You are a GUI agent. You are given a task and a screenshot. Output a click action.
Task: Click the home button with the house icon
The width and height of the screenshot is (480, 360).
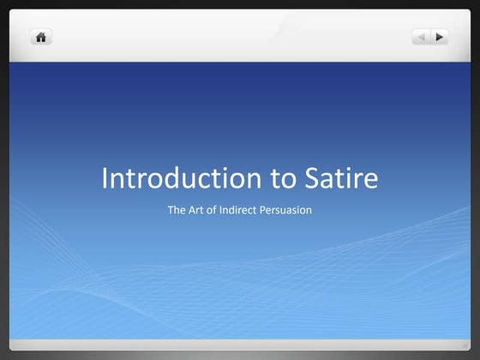(x=40, y=37)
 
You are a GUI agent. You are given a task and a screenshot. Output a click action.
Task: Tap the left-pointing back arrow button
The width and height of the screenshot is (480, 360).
(x=421, y=37)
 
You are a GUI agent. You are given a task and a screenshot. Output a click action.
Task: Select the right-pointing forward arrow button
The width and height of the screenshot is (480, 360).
(x=440, y=37)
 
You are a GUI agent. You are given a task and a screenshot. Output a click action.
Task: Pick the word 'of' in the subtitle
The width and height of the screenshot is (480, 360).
(x=218, y=209)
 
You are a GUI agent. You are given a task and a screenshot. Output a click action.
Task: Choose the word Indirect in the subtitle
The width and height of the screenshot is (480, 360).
(x=245, y=209)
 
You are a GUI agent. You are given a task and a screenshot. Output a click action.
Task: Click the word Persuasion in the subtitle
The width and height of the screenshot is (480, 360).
(x=289, y=209)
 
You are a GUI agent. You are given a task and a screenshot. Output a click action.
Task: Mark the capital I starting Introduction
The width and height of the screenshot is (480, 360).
(x=105, y=178)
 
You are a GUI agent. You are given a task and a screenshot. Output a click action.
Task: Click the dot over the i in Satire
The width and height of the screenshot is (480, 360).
(x=351, y=167)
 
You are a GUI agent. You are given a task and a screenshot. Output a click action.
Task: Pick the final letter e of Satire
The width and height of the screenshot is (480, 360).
(x=369, y=181)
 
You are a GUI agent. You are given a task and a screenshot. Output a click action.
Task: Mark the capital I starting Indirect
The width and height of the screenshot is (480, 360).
(x=229, y=209)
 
